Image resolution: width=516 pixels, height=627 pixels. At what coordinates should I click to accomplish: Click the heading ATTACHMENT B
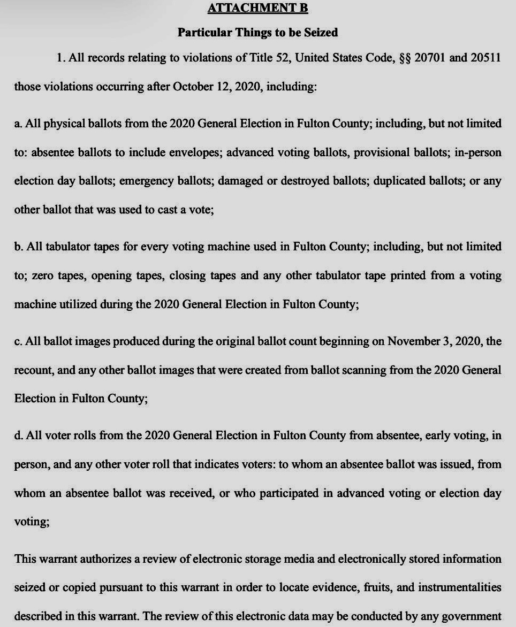point(257,8)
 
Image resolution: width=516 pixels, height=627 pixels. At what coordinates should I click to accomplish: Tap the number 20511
point(485,58)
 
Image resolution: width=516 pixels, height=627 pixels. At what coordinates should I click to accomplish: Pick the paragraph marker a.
point(18,124)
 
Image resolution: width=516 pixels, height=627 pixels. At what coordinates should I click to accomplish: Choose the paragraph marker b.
point(18,247)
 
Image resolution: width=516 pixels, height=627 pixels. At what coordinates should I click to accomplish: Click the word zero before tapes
point(43,276)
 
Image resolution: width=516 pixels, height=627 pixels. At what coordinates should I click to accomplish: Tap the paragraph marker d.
point(18,435)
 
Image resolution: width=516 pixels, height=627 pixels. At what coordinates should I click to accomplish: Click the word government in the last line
point(474,616)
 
